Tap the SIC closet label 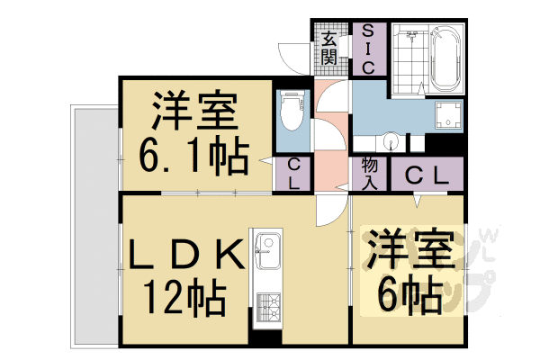click(368, 48)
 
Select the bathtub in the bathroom click(445, 58)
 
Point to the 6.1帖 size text click(193, 158)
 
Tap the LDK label click(186, 255)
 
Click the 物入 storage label click(369, 174)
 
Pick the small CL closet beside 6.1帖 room click(294, 174)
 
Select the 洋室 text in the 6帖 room click(407, 251)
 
